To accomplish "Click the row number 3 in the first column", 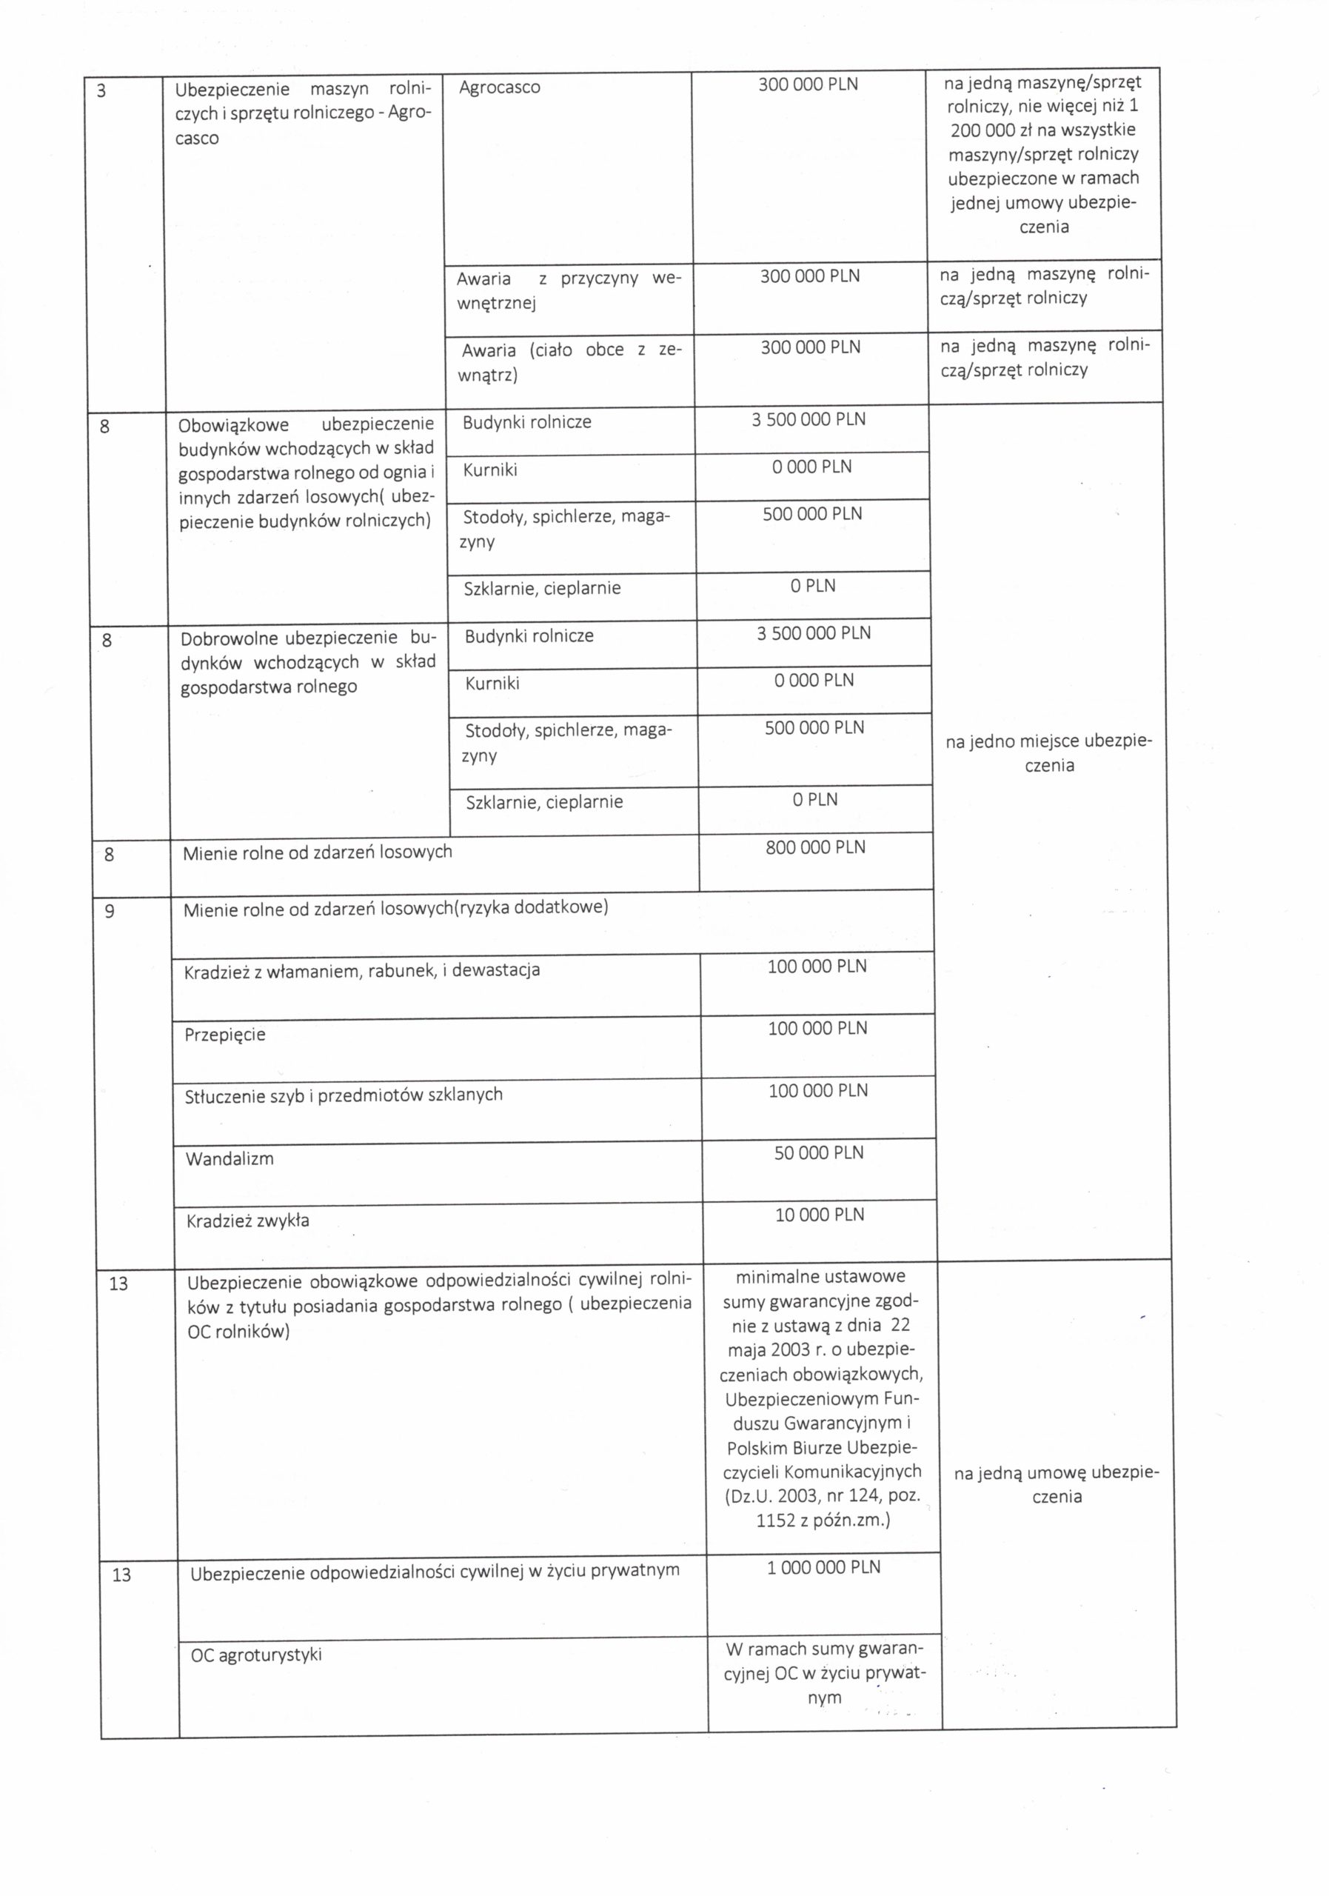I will [x=101, y=91].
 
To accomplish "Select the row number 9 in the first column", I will [x=109, y=911].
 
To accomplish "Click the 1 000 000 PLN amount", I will [x=823, y=1567].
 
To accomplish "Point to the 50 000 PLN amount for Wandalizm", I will [x=818, y=1153].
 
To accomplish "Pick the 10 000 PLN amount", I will [x=819, y=1215].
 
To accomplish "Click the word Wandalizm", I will [x=229, y=1158].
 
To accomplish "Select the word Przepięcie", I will [x=224, y=1035].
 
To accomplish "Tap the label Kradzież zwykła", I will [x=247, y=1221].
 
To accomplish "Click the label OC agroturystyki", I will [x=256, y=1655].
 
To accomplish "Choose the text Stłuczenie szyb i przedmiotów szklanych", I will [x=344, y=1095].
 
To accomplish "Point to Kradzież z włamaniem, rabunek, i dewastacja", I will [x=361, y=970].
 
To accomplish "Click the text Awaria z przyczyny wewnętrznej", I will [x=567, y=290].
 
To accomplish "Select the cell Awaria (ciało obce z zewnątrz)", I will [x=570, y=362].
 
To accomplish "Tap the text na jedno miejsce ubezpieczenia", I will [x=1048, y=753].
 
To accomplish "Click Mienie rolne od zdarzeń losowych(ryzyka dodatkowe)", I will [x=395, y=908].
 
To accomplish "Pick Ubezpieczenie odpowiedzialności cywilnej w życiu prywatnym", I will [x=435, y=1571].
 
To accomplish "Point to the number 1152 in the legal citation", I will [x=774, y=1521].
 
